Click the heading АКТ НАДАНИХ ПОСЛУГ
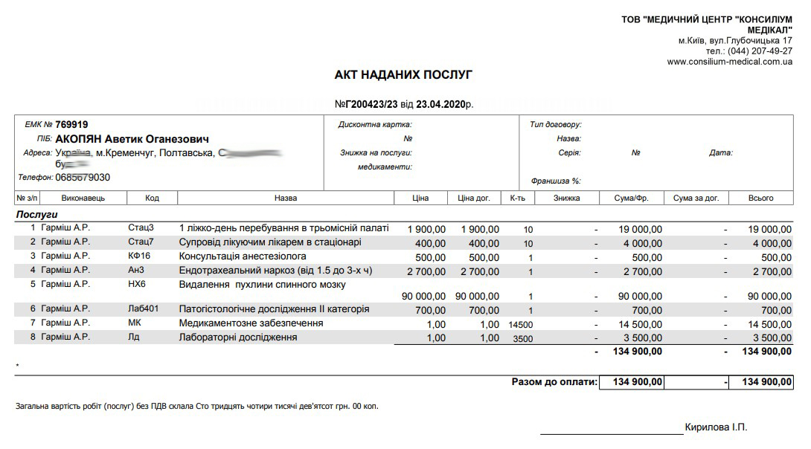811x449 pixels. click(x=403, y=75)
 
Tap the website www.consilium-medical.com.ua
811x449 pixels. click(x=729, y=62)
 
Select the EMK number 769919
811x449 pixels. click(x=71, y=125)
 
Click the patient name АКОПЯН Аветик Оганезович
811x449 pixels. click(x=132, y=139)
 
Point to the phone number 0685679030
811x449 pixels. click(x=83, y=178)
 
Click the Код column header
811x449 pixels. click(x=152, y=198)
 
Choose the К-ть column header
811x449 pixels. click(x=518, y=198)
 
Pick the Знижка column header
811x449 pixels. click(x=567, y=198)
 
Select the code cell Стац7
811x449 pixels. click(x=141, y=242)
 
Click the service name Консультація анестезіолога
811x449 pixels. click(x=243, y=256)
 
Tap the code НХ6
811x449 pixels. click(x=137, y=284)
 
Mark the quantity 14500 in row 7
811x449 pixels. click(x=521, y=325)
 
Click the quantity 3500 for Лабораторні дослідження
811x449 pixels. click(x=524, y=339)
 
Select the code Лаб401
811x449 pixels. click(x=144, y=309)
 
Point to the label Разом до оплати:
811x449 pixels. click(x=554, y=382)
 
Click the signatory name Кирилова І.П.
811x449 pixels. click(x=715, y=427)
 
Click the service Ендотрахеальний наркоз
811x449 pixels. click(x=276, y=271)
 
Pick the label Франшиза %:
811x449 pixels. click(x=556, y=181)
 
